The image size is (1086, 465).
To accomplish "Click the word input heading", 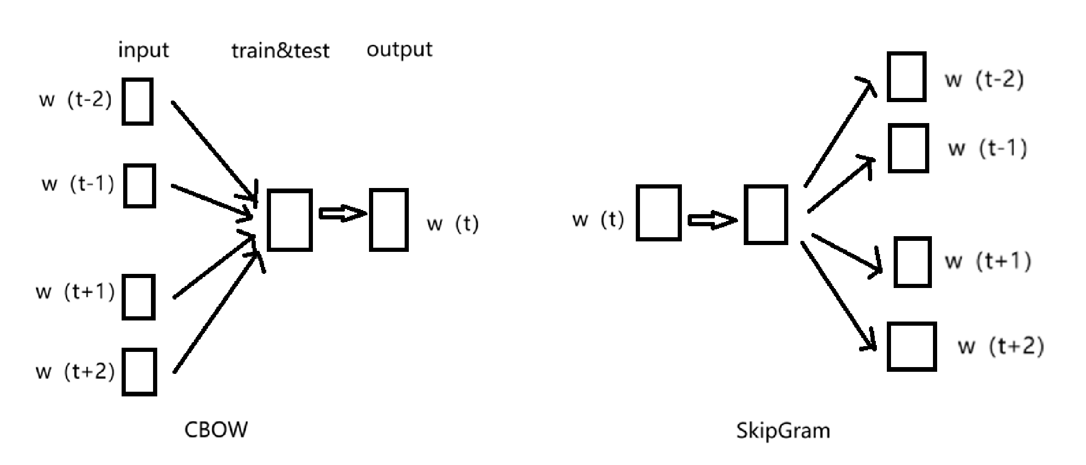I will point(144,51).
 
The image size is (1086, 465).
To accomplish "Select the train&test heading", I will point(280,51).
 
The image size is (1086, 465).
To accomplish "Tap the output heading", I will point(399,50).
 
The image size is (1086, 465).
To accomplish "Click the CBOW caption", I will point(216,429).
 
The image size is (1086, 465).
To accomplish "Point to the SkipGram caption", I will point(783,430).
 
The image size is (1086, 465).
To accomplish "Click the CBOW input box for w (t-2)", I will point(137,102).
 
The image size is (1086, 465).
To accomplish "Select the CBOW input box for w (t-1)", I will point(139,186).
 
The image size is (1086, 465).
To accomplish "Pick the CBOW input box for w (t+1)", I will point(138,297).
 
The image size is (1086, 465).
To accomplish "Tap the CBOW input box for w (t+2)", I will point(139,372).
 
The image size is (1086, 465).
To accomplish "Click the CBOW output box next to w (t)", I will point(388,220).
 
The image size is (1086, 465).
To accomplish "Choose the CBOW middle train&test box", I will point(289,220).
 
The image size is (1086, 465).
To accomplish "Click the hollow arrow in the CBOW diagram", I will point(342,214).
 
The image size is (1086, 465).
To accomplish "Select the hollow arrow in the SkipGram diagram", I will point(712,220).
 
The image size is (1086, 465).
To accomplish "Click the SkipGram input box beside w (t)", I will point(658,213).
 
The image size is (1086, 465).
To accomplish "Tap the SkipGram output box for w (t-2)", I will point(906,76).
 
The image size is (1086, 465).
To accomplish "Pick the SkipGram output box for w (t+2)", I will point(911,347).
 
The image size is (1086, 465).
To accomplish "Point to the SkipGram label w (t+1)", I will point(987,261).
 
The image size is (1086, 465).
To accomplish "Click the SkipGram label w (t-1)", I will point(987,148).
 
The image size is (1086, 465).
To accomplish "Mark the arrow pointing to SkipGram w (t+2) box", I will point(839,296).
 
